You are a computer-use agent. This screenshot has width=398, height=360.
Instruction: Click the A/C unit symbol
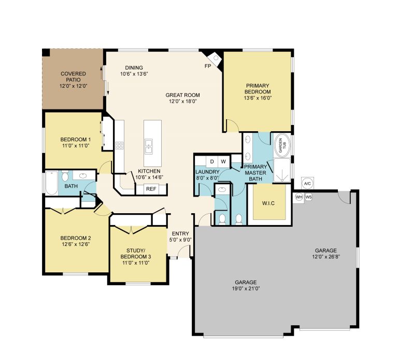point(307,184)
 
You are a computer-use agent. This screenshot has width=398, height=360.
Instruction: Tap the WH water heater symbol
point(299,197)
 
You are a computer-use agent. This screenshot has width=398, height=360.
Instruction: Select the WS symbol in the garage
point(308,197)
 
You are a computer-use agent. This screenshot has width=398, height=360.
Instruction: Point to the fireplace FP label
point(208,66)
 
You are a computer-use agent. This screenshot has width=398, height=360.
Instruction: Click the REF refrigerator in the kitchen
point(151,189)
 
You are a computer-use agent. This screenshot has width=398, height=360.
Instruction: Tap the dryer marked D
point(212,161)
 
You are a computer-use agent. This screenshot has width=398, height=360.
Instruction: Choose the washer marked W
point(224,161)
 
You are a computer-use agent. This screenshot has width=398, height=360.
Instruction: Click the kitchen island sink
point(149,146)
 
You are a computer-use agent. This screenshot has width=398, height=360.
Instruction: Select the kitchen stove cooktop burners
point(120,146)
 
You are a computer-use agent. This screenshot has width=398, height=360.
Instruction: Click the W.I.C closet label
point(268,203)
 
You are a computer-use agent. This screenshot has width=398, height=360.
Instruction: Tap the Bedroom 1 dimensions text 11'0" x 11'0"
point(76,146)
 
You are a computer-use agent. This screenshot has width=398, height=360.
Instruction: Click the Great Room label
point(183,95)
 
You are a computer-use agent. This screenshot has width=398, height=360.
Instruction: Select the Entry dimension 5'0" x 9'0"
point(180,240)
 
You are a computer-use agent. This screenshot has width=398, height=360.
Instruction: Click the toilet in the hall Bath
point(65,175)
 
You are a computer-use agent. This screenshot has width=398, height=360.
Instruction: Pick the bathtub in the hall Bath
point(52,183)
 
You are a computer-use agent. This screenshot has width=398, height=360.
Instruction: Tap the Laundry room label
point(207,172)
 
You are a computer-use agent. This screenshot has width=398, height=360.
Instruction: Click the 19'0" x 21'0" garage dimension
point(246,288)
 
